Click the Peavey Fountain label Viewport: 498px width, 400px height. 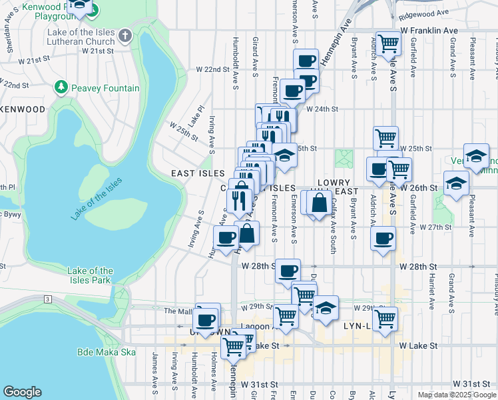click(107, 88)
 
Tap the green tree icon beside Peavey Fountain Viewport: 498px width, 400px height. click(61, 87)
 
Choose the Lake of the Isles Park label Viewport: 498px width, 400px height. click(91, 275)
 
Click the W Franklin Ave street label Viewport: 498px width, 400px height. click(429, 31)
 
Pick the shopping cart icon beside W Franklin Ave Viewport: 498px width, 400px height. click(388, 43)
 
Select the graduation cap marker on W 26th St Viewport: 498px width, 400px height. click(456, 183)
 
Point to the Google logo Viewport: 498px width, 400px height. click(22, 392)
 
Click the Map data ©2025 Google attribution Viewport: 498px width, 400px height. click(456, 395)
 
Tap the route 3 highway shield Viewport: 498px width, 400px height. click(48, 299)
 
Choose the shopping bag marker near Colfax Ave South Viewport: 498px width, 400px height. click(320, 202)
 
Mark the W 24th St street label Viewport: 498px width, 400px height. click(323, 109)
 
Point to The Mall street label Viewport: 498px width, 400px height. click(178, 311)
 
